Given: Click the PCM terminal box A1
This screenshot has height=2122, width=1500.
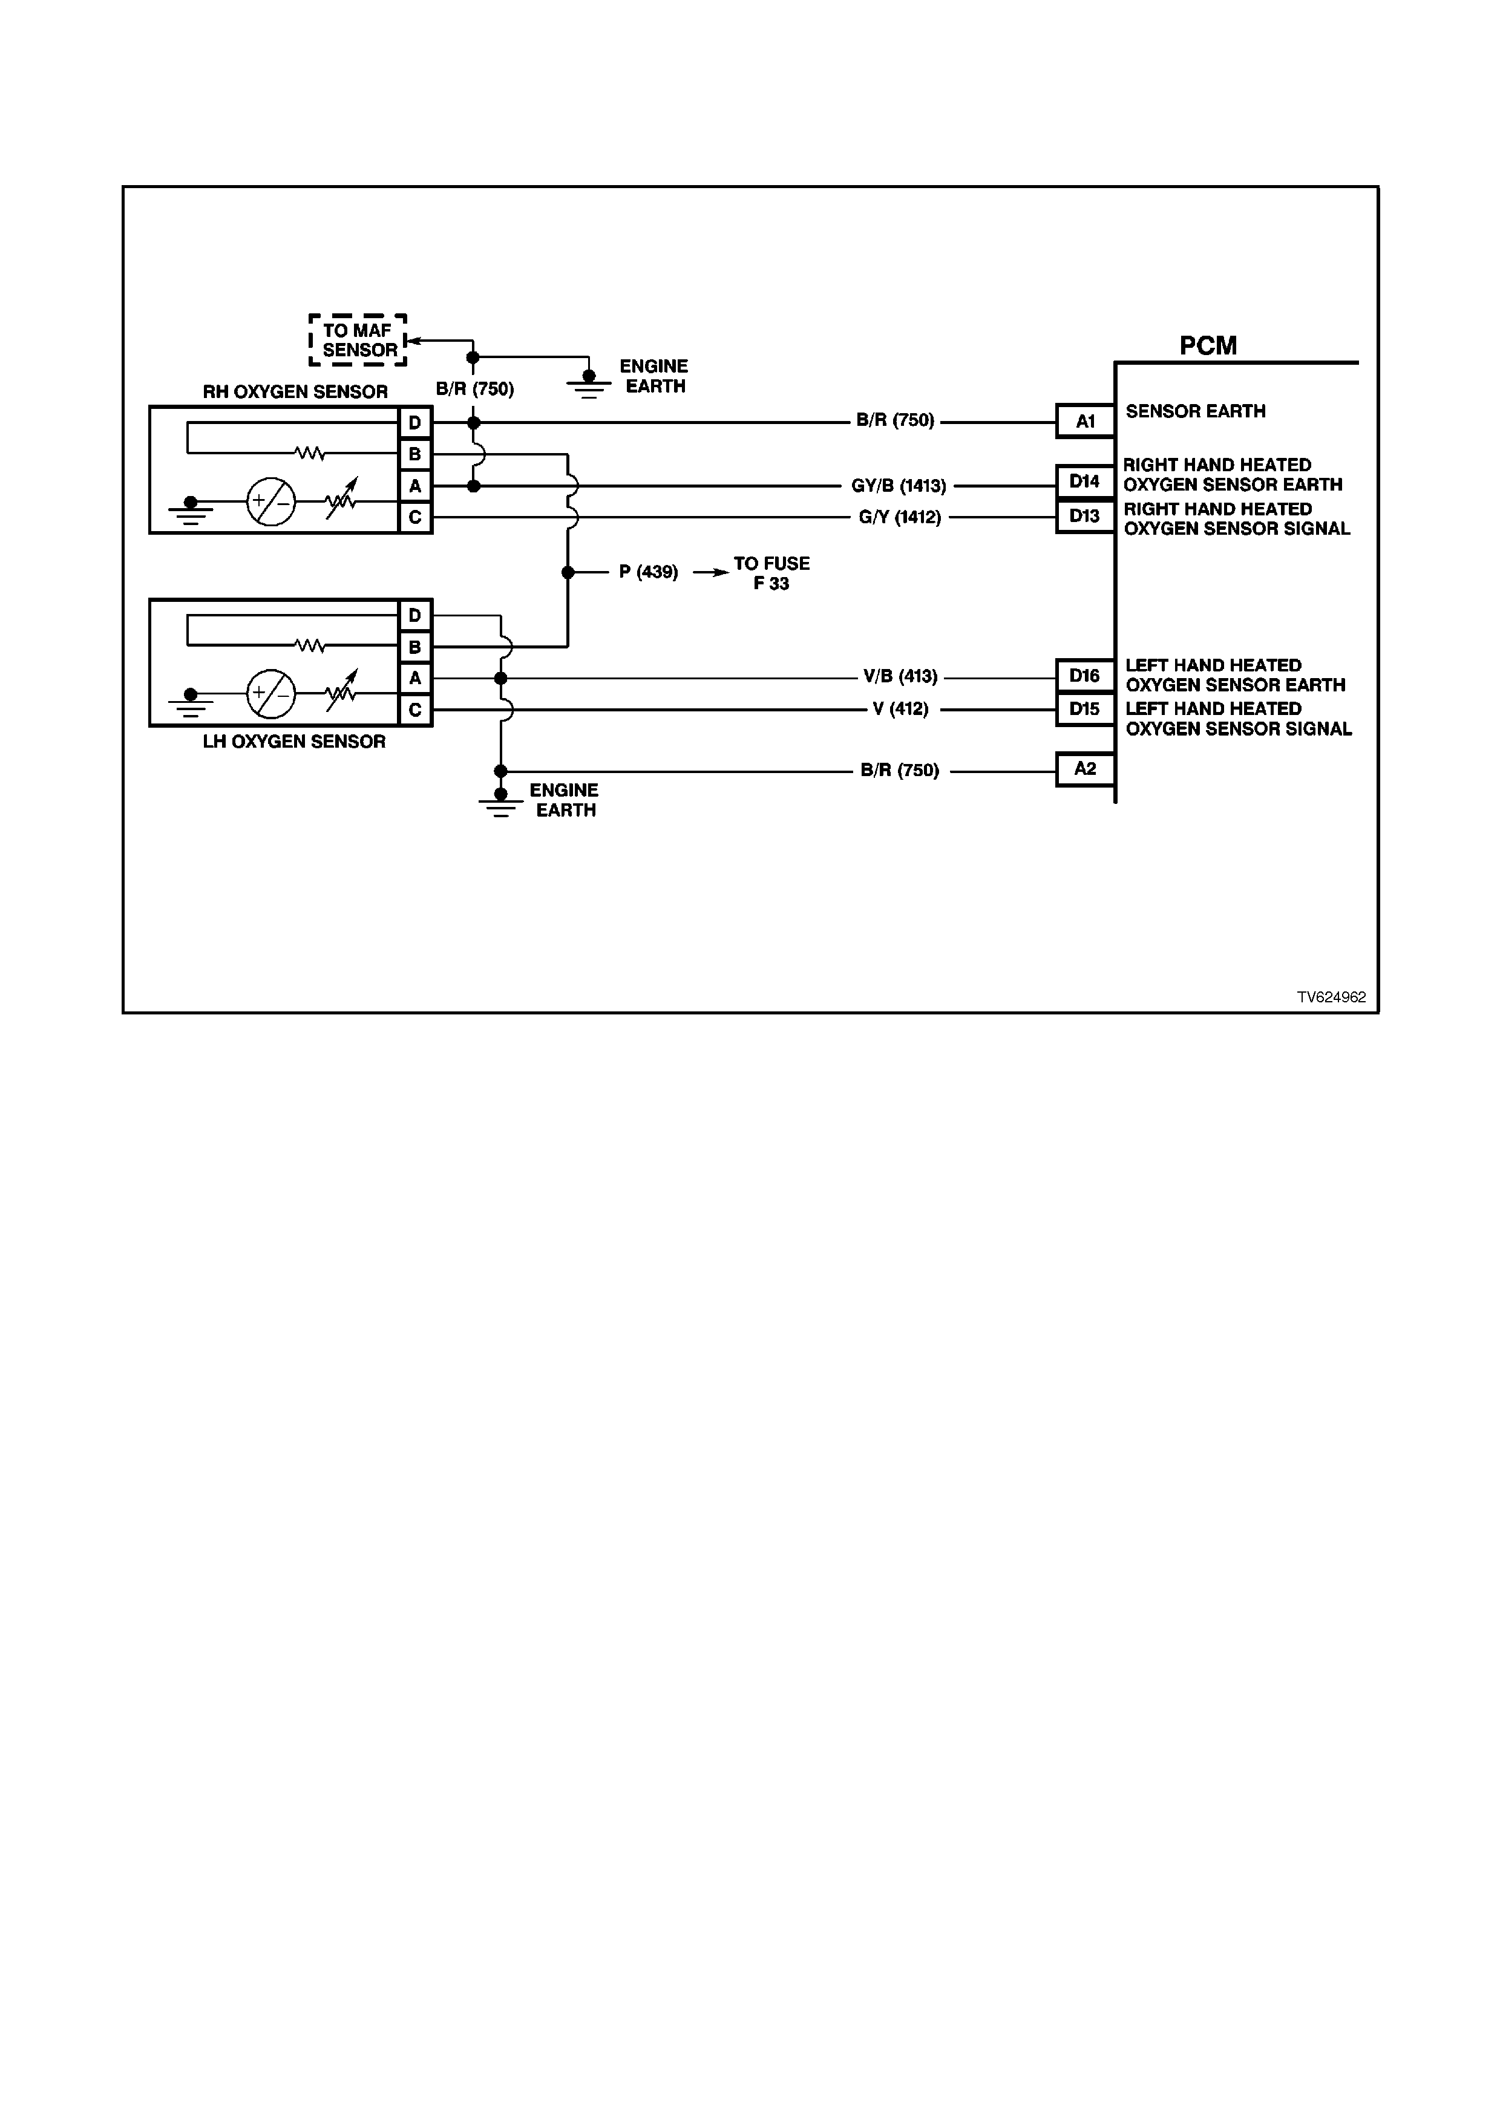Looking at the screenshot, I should pos(1085,422).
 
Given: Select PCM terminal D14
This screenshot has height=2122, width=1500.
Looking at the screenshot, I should pos(1085,482).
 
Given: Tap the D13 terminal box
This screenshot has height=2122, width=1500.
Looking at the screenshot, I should pos(1085,516).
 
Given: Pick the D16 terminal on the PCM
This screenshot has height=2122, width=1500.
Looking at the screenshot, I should pos(1085,676).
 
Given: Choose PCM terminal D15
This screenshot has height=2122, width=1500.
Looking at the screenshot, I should pos(1085,709).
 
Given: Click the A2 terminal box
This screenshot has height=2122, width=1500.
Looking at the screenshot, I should pos(1085,769).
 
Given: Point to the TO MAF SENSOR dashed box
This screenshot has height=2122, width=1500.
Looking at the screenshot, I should pos(358,340).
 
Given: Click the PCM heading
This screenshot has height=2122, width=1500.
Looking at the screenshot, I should pos(1207,345).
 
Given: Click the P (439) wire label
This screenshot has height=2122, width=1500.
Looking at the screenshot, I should pos(648,573).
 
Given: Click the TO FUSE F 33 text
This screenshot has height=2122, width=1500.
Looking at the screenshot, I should pos(771,573).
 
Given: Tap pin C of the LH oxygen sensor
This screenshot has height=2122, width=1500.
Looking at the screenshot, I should pos(415,710).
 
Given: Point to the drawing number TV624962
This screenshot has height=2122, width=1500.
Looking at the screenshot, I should pos(1331,998).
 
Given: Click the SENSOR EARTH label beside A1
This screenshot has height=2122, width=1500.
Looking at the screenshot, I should pos(1195,411).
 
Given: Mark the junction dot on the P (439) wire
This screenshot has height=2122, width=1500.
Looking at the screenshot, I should pos(568,573).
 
